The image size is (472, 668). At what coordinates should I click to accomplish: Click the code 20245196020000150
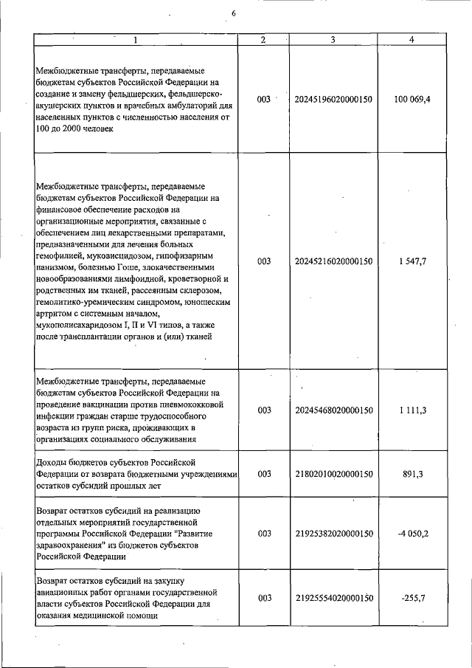[x=333, y=99]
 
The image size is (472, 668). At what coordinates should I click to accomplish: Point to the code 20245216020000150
[x=333, y=261]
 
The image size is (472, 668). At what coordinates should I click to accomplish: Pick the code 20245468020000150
[x=333, y=410]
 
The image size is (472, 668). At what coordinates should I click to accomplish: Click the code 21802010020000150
[x=333, y=474]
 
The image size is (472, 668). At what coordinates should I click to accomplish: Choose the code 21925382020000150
[x=333, y=533]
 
